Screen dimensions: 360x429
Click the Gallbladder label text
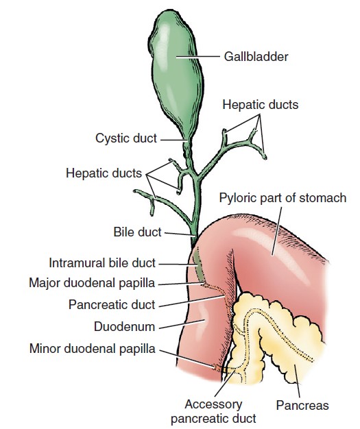pos(256,57)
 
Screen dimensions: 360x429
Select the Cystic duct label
pos(126,138)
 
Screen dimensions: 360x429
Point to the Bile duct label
pos(137,232)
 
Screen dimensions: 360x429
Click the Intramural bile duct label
pos(102,263)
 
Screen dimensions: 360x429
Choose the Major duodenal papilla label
pos(92,283)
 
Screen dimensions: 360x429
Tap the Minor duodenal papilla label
pos(93,349)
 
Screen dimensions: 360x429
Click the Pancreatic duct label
pos(112,304)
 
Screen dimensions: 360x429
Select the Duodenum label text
pos(125,327)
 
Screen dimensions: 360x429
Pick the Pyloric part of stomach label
pos(283,198)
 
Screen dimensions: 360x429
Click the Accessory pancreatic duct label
pos(213,411)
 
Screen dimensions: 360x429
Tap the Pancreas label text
pos(302,405)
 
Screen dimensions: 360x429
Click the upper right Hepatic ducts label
pos(261,105)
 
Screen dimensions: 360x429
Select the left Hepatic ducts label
pos(104,173)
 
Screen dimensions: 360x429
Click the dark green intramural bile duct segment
pos(199,267)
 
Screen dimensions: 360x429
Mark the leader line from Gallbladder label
pos(198,57)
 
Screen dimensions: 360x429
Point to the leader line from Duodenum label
pos(182,324)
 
